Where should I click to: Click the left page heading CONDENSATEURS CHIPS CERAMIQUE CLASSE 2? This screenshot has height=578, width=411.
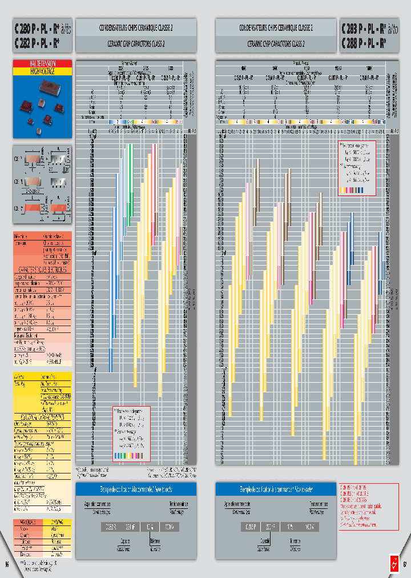[136, 27]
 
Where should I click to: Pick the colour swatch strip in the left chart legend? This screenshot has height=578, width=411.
[131, 455]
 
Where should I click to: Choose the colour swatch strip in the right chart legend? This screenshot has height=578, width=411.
[357, 190]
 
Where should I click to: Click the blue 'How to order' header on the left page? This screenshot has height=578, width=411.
[136, 489]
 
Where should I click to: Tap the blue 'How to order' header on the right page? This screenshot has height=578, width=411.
[276, 489]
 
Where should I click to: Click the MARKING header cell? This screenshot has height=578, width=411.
[58, 522]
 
